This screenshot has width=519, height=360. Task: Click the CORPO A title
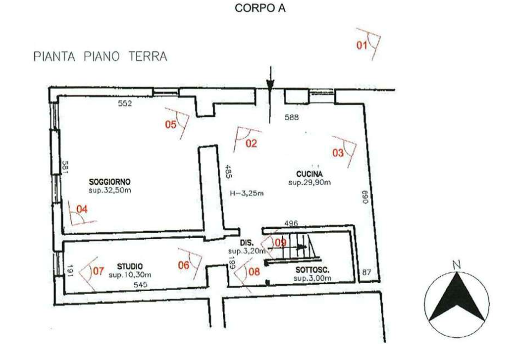coord(260,8)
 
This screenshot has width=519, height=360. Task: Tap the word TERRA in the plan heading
coord(148,56)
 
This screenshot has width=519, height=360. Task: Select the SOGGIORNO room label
coord(109,182)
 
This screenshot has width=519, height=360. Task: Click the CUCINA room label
coord(310,174)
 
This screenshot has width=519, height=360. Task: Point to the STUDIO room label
coord(130,267)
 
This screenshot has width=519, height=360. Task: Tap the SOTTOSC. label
coord(312,270)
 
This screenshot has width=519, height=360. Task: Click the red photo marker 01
coord(362,45)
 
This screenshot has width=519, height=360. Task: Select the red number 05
coord(171,125)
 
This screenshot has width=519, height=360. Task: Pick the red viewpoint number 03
coord(338,153)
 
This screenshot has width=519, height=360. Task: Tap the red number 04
coord(82,209)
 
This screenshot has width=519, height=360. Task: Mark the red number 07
coord(99,271)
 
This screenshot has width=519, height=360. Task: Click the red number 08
coord(254,272)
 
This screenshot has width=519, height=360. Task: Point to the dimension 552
coord(125,103)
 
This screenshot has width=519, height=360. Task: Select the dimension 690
coord(365,197)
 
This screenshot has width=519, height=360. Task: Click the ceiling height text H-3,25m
coord(247,194)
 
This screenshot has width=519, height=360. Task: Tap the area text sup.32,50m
coord(110,191)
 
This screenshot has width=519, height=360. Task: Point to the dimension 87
coord(367,273)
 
